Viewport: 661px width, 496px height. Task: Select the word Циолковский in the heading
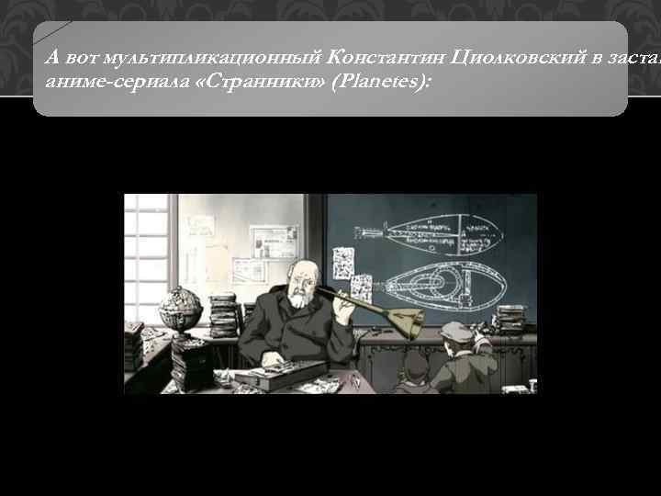pos(509,57)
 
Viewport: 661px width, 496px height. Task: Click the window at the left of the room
pos(145,257)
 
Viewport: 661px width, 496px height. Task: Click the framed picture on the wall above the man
pos(274,242)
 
